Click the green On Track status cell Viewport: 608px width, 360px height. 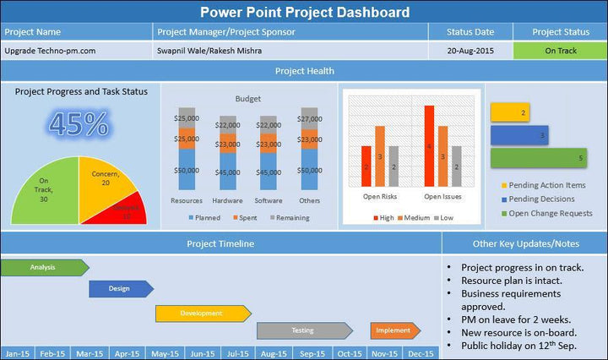[x=560, y=51]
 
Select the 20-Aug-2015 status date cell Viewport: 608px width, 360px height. [x=470, y=51]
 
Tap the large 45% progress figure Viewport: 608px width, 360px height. [x=79, y=124]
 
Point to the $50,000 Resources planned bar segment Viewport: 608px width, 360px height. [x=187, y=171]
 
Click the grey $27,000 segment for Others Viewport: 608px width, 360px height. [x=310, y=117]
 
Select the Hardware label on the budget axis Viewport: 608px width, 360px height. [x=227, y=201]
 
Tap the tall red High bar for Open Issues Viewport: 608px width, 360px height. [x=430, y=145]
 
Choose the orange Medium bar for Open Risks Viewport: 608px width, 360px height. [x=380, y=155]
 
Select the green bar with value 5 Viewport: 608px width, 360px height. [x=539, y=157]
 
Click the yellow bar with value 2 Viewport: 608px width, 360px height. [x=510, y=112]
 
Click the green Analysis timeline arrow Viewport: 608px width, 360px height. [x=44, y=268]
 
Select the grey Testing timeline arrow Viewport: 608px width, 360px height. [x=304, y=330]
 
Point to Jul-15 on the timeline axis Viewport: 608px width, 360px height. [x=239, y=353]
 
